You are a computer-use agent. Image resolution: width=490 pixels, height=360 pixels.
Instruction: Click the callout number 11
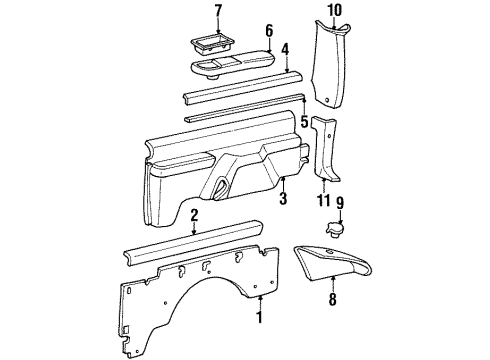click(322, 201)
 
